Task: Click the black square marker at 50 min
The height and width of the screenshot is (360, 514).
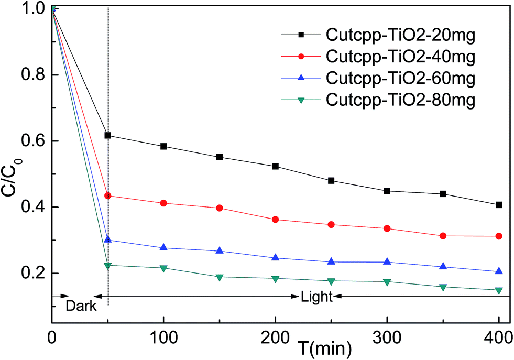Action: pyautogui.click(x=108, y=135)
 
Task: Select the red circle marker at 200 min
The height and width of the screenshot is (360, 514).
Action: pyautogui.click(x=276, y=219)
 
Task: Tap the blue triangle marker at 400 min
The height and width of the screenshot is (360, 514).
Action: pyautogui.click(x=499, y=271)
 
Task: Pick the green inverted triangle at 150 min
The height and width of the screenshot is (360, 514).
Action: pyautogui.click(x=220, y=277)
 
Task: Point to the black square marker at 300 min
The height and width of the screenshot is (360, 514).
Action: pyautogui.click(x=387, y=191)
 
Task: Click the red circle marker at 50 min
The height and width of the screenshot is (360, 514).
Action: pyautogui.click(x=108, y=195)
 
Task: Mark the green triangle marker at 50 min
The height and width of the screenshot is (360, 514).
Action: pyautogui.click(x=108, y=266)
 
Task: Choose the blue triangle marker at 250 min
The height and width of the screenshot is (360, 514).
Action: pyautogui.click(x=331, y=261)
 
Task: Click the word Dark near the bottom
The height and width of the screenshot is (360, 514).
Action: pyautogui.click(x=81, y=306)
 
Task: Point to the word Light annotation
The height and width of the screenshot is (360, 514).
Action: pyautogui.click(x=316, y=297)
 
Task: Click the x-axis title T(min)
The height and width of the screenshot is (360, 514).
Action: pyautogui.click(x=319, y=346)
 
